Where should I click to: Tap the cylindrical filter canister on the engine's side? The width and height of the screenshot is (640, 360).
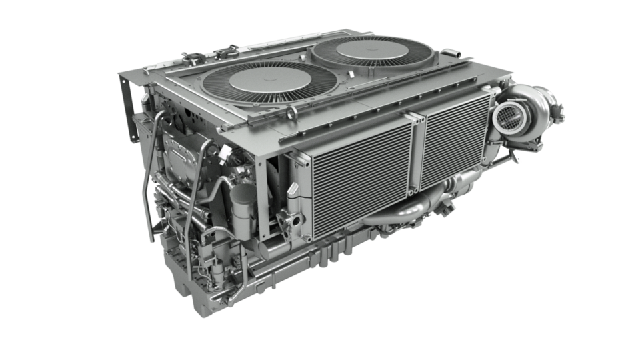(244, 206)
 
